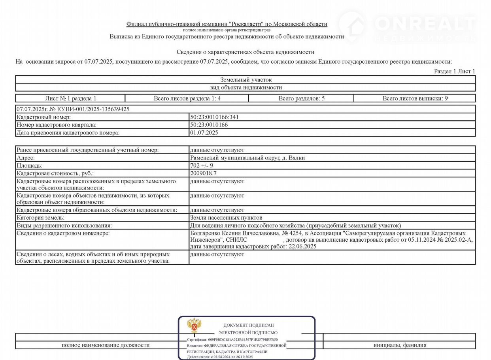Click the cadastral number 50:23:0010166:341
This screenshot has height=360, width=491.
click(x=214, y=117)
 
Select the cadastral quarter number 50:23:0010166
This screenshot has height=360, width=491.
click(x=209, y=125)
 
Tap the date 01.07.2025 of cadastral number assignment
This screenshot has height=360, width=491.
click(x=204, y=133)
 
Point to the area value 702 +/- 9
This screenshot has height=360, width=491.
click(x=202, y=165)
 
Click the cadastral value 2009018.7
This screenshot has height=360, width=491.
click(x=203, y=173)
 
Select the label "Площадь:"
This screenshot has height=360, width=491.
click(x=29, y=165)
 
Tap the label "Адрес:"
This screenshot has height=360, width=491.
click(x=26, y=158)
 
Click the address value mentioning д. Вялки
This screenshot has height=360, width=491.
click(x=247, y=158)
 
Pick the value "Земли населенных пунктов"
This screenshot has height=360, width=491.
click(x=226, y=218)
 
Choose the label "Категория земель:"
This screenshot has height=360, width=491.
click(x=40, y=218)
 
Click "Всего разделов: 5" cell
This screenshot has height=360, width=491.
click(x=301, y=99)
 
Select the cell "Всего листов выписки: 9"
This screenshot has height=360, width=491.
click(x=415, y=99)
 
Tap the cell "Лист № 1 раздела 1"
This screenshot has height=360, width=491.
click(x=71, y=99)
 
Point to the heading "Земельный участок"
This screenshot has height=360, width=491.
click(x=246, y=80)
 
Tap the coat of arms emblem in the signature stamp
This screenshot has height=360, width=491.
click(x=194, y=325)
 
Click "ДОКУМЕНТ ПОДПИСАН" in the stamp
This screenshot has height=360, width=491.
click(x=248, y=325)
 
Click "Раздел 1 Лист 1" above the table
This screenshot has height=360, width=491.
click(x=455, y=71)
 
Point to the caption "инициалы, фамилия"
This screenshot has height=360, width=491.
click(x=400, y=345)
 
